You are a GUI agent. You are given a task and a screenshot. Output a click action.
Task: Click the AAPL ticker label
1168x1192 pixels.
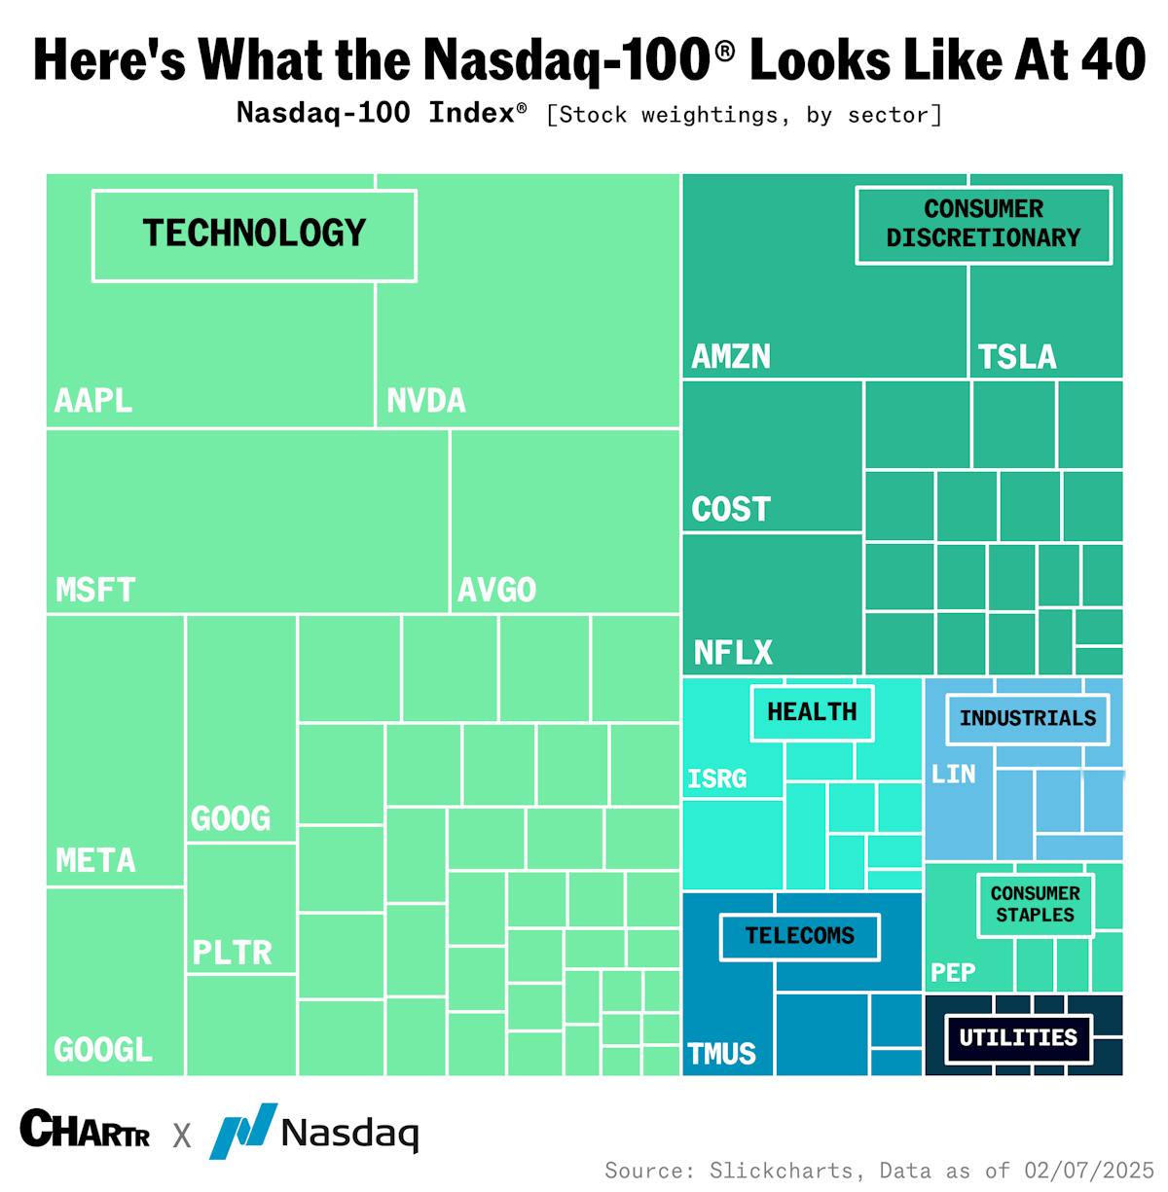tap(93, 400)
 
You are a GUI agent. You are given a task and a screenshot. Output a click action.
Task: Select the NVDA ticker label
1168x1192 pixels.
tap(426, 400)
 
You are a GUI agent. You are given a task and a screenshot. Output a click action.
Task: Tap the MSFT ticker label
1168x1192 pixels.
tap(95, 590)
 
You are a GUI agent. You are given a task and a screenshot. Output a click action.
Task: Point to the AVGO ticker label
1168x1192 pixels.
tap(496, 590)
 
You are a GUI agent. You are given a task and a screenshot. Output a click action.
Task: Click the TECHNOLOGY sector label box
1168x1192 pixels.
tap(254, 235)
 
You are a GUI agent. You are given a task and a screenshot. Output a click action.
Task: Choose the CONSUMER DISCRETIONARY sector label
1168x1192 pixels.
tap(983, 224)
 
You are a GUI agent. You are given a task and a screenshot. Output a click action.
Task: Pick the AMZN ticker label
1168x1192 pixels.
tap(731, 357)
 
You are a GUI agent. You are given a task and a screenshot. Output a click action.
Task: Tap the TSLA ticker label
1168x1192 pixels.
tap(1017, 357)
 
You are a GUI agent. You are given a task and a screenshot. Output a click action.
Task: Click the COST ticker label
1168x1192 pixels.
tap(731, 509)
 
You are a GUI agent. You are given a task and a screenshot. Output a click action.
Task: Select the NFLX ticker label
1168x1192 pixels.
tap(733, 652)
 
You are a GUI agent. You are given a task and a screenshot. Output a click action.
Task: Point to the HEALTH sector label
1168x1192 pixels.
tap(812, 712)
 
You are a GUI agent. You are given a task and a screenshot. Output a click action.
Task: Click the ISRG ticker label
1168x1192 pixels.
tap(717, 778)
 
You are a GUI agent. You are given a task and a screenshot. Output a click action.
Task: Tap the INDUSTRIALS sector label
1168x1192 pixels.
tap(1027, 719)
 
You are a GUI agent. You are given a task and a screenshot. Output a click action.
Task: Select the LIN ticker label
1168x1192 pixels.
tap(953, 775)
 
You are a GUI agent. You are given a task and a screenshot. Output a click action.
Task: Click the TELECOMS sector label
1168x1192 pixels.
tap(799, 936)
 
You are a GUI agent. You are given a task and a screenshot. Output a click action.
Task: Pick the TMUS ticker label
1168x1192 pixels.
tap(721, 1054)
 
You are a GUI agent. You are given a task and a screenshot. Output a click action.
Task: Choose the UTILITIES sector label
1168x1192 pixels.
tap(1018, 1038)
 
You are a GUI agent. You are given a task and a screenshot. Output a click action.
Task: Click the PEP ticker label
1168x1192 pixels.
tap(953, 973)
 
